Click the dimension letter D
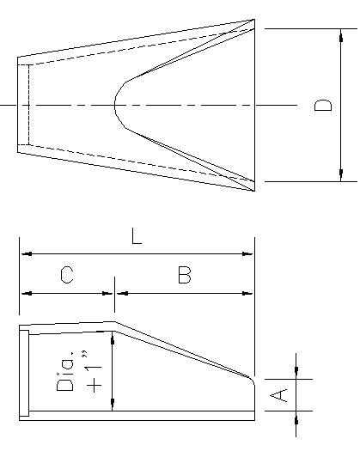pyautogui.click(x=323, y=105)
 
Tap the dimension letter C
pyautogui.click(x=67, y=276)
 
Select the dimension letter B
pyautogui.click(x=184, y=276)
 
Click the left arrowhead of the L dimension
pyautogui.click(x=24, y=254)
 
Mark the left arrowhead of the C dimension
pyautogui.click(x=24, y=293)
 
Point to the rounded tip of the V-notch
pyautogui.click(x=116, y=105)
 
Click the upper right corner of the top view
pyautogui.click(x=255, y=21)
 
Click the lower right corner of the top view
pyautogui.click(x=255, y=190)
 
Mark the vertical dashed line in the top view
pyautogui.click(x=29, y=105)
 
